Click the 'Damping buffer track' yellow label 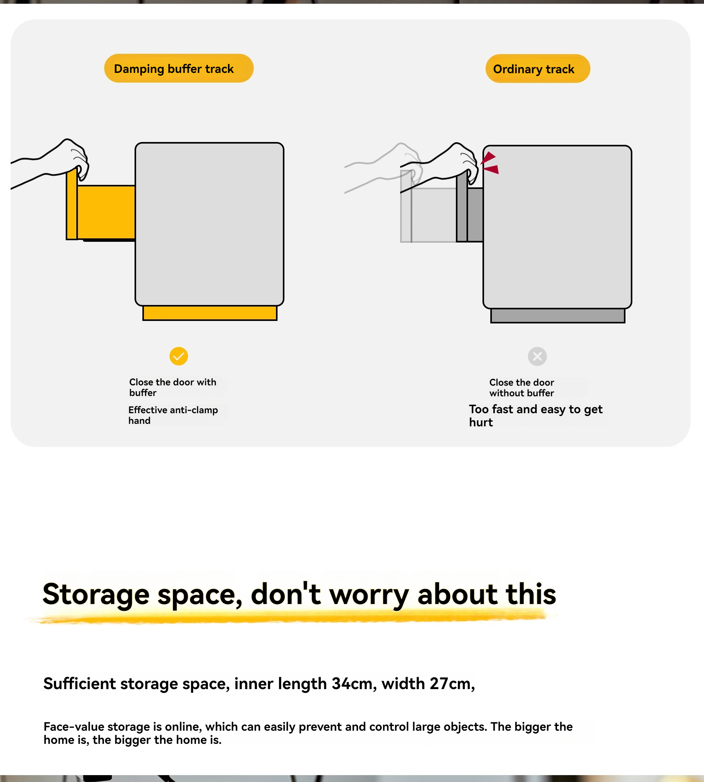tap(179, 69)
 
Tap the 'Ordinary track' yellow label tap(538, 69)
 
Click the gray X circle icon tap(537, 356)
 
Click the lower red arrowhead tap(492, 170)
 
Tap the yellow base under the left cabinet tap(210, 313)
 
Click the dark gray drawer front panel tap(462, 207)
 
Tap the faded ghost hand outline tap(383, 166)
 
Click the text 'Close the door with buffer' tap(172, 388)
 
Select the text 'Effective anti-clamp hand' tap(173, 415)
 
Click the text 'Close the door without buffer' tap(521, 388)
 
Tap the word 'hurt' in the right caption tap(481, 422)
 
